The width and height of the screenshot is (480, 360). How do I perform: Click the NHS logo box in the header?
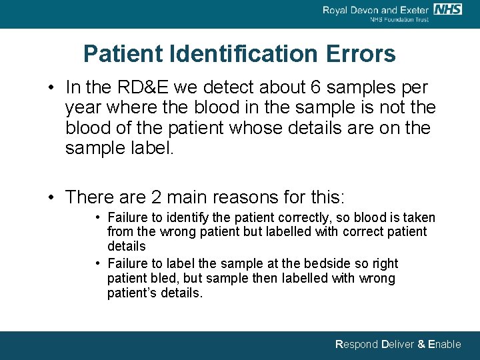coord(447,9)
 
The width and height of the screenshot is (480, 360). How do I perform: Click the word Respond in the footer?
coord(356,344)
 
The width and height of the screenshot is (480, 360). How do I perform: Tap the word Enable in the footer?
coord(444,344)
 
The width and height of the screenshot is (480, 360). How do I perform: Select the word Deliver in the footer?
coord(397,344)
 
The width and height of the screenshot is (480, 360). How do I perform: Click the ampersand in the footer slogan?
coord(421,344)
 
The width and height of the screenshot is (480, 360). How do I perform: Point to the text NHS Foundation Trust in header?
coord(399,19)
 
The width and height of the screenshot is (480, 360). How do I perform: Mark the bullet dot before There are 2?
coord(51,198)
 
